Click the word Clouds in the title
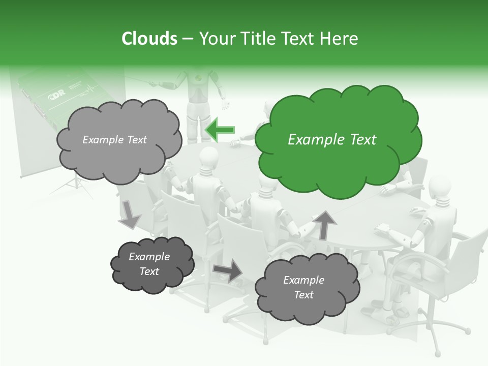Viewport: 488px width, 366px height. click(149, 39)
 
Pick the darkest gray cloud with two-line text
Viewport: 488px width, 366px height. click(150, 264)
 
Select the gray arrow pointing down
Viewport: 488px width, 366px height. click(129, 214)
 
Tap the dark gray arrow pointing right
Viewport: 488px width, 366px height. click(228, 270)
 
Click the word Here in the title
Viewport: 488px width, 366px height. click(341, 39)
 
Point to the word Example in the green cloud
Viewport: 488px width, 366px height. click(310, 140)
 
